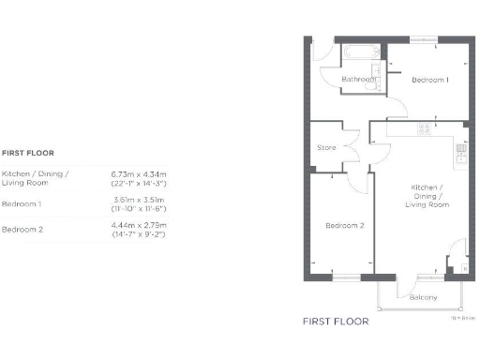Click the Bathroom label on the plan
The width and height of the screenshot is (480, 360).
(358, 80)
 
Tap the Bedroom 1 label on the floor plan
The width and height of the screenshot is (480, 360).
(430, 80)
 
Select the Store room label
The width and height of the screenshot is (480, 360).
(326, 147)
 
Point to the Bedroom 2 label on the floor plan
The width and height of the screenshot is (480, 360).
(344, 226)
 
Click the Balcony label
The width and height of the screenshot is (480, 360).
(423, 297)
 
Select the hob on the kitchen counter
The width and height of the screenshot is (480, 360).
(424, 129)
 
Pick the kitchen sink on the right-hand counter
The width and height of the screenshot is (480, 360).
(462, 150)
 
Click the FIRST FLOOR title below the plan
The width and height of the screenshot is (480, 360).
(335, 321)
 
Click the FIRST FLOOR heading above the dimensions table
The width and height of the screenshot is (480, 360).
(28, 151)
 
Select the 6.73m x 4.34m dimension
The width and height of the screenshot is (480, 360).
(138, 173)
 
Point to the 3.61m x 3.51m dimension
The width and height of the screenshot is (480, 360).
(138, 200)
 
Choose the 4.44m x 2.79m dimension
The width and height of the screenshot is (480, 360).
(138, 225)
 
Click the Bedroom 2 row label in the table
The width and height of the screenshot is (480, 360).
(22, 230)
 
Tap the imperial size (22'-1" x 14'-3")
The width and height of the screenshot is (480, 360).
(138, 183)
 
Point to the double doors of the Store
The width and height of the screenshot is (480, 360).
(353, 147)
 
